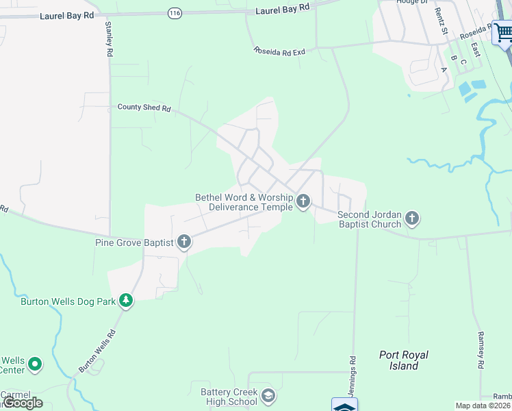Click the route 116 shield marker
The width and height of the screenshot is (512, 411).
[x=175, y=12]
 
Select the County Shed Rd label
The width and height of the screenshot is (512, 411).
[x=144, y=108]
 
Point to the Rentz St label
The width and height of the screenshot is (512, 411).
[x=443, y=23]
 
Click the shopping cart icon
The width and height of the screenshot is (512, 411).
[x=502, y=32]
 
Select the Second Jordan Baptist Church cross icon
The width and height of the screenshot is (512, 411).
[x=411, y=219]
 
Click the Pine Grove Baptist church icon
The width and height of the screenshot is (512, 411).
[x=183, y=241]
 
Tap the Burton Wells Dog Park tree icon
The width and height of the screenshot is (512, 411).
[x=125, y=300]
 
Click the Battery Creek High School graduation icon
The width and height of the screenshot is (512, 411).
[x=268, y=396]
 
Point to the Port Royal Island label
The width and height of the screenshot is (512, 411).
[x=404, y=360]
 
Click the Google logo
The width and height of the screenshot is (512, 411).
[x=22, y=403]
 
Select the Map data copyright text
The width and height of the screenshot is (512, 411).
[x=483, y=406]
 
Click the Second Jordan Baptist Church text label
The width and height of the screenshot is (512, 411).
[x=370, y=219]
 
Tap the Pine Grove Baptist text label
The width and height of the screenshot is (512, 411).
[x=134, y=242]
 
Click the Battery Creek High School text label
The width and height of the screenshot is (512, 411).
[x=229, y=397]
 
